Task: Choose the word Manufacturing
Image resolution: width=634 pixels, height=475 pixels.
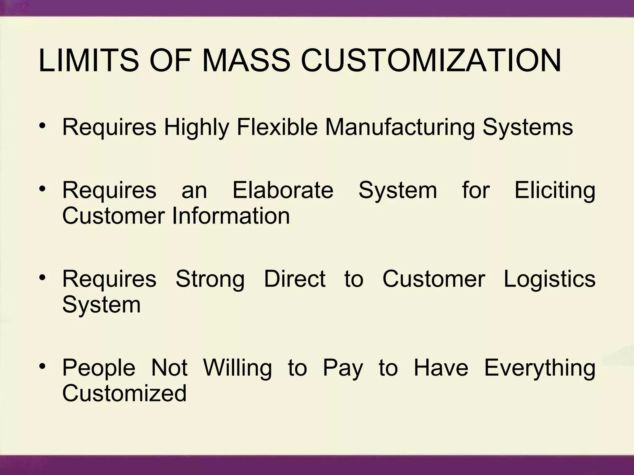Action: point(400,127)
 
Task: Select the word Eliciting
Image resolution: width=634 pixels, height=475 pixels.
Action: point(555,190)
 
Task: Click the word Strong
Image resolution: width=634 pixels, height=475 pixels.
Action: point(210,279)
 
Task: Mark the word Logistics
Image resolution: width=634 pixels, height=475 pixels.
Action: point(549,279)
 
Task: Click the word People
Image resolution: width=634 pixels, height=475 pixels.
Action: point(99,368)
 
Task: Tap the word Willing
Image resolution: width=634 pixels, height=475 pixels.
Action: point(237,368)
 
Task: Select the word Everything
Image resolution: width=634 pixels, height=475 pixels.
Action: point(540,368)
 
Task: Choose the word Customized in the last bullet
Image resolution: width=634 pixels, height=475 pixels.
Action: point(124,393)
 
